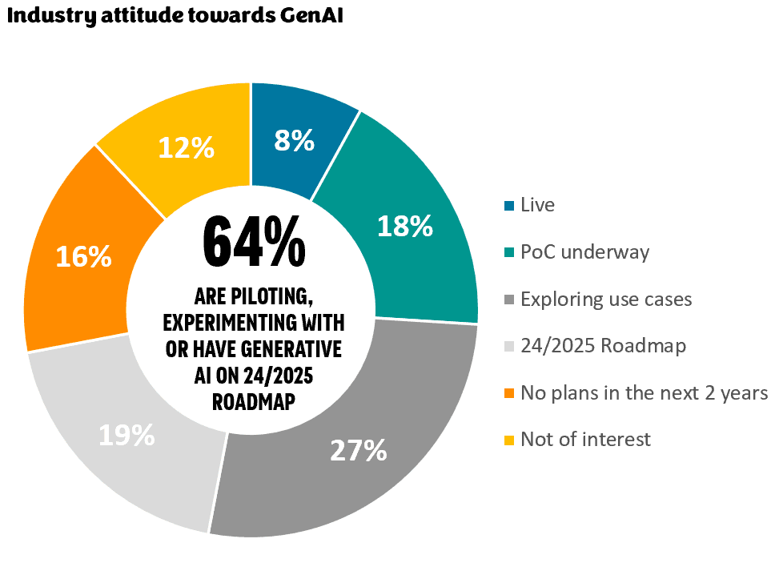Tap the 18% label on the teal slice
[405, 227]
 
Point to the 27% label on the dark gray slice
[359, 450]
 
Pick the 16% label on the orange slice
[83, 256]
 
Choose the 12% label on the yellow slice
[186, 147]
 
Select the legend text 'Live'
[537, 205]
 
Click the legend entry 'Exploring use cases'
[606, 300]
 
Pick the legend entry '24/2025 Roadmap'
[603, 347]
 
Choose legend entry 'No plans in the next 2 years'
[644, 393]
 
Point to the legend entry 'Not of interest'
[585, 440]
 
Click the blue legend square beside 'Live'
[509, 206]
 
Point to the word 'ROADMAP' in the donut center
[253, 402]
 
